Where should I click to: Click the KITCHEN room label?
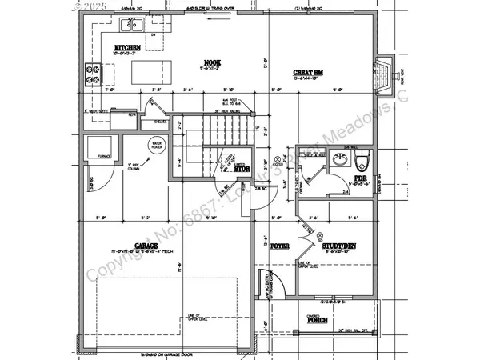127,48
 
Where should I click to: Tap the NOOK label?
212,62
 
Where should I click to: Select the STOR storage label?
242,169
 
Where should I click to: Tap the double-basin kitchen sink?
132,26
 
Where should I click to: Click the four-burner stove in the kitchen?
92,74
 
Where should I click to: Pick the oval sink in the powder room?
340,158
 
